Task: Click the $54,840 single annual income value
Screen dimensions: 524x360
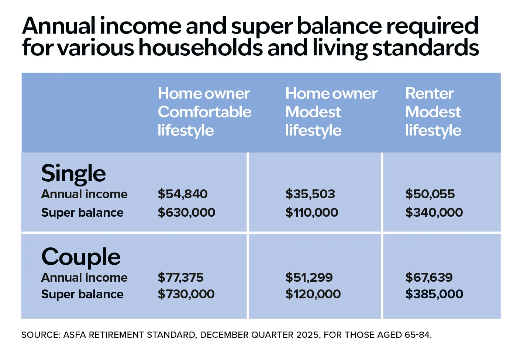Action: [x=182, y=194]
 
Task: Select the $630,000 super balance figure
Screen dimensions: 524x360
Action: [x=186, y=213]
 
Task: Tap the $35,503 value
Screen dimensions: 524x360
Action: [x=310, y=194]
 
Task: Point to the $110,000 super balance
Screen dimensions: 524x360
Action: [x=312, y=213]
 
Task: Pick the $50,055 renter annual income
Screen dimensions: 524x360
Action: [x=430, y=194]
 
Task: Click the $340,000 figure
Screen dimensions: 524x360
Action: [x=434, y=213]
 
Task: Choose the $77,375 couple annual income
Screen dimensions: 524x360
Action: [x=180, y=277]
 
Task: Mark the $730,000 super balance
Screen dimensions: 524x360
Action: [x=186, y=294]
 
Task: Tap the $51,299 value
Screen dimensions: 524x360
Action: [x=309, y=277]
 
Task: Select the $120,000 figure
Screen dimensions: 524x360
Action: [x=313, y=294]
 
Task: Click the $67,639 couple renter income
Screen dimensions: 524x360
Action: [x=429, y=277]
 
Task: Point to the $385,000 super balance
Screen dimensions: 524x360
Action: [x=434, y=294]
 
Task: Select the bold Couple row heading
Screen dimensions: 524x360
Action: [x=81, y=257]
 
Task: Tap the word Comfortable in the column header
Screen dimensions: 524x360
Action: [x=204, y=112]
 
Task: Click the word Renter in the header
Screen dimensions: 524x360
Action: [x=430, y=93]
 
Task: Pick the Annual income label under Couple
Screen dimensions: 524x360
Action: [x=84, y=278]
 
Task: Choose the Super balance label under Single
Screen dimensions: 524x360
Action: [x=82, y=213]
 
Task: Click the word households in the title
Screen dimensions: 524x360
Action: [x=201, y=48]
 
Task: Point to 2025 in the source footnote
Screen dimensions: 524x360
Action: [x=307, y=335]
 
